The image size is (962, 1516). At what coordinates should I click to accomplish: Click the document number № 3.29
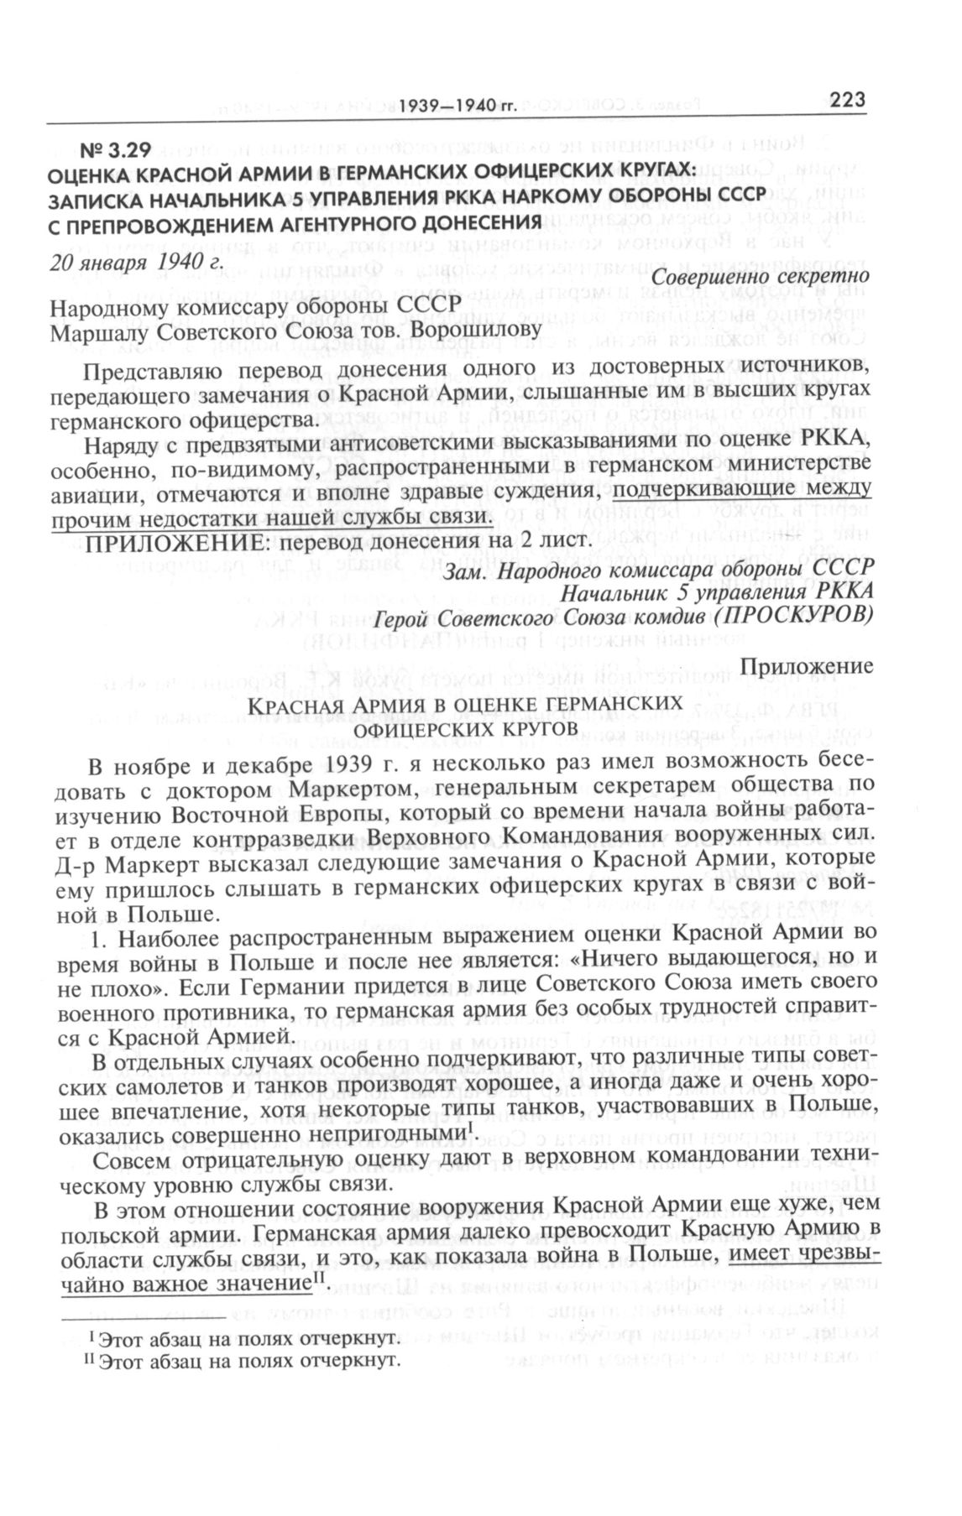click(x=115, y=152)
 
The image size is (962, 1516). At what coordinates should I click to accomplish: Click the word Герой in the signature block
click(x=398, y=617)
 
